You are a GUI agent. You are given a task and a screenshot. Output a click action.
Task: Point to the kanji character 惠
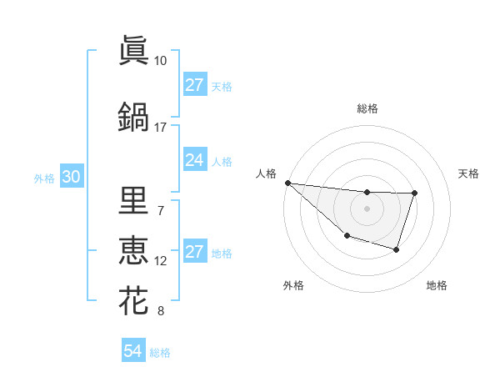click(133, 249)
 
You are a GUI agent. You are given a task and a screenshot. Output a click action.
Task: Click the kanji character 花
click(133, 300)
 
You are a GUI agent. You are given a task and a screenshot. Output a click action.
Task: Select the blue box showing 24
click(194, 160)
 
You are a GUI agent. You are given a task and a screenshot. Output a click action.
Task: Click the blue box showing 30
click(71, 177)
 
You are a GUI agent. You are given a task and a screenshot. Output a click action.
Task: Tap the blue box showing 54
click(132, 352)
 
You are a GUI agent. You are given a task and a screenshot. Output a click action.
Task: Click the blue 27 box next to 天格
click(194, 85)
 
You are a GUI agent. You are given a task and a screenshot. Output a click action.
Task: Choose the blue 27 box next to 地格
click(194, 252)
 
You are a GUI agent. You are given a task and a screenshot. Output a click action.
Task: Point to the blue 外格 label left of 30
click(44, 178)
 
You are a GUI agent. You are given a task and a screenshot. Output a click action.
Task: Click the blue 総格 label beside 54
click(160, 353)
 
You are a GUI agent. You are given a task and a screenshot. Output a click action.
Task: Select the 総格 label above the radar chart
click(367, 108)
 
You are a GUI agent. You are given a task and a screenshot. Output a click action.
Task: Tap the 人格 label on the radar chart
click(267, 173)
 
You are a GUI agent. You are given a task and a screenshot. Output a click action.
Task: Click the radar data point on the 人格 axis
click(287, 183)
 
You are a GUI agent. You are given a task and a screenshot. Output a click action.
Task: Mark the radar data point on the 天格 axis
click(415, 193)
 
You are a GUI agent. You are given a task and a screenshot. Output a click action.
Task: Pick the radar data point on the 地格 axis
click(397, 250)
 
